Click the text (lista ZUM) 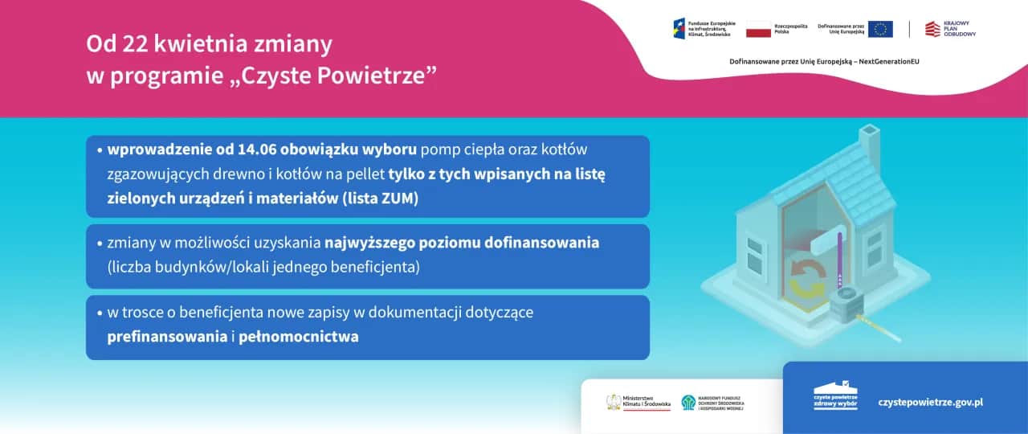pos(381,199)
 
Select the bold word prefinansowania pos(167,337)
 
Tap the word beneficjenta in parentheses pos(377,266)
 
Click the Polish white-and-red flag pos(758,30)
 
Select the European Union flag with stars pos(879,30)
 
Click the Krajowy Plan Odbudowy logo pos(949,29)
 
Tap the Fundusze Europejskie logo pos(702,29)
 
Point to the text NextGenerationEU pos(889,61)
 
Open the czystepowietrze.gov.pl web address pos(931,401)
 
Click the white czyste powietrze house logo pos(835,395)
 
